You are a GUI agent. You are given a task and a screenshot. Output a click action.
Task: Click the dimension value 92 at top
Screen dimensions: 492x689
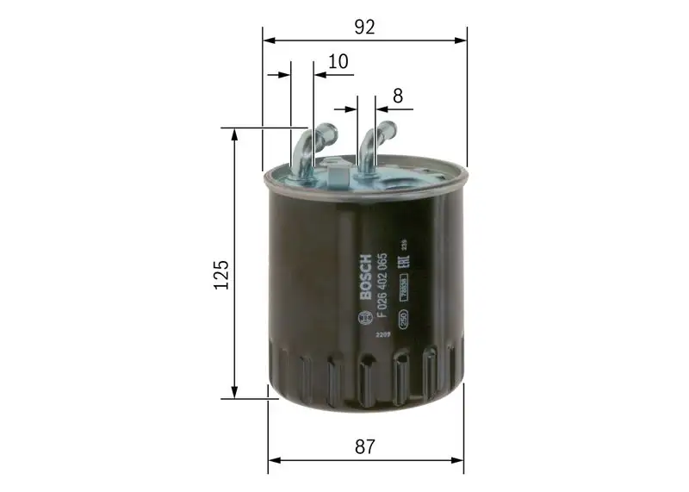pyautogui.click(x=365, y=27)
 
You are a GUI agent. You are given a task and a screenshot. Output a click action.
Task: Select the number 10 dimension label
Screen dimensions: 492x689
pyautogui.click(x=338, y=62)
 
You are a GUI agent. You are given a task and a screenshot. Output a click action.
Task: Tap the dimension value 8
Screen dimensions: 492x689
pyautogui.click(x=398, y=97)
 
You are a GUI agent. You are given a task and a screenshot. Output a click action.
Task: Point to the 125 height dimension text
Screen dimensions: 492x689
pyautogui.click(x=220, y=273)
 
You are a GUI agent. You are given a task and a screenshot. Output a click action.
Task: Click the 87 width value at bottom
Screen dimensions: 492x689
pyautogui.click(x=365, y=446)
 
